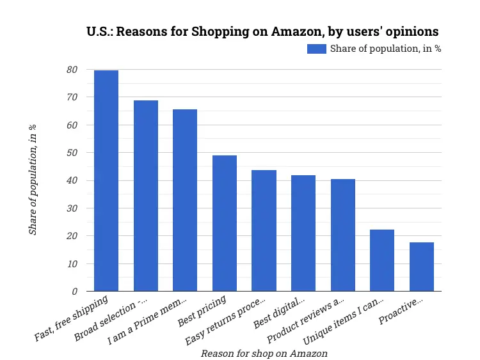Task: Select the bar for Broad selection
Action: point(145,196)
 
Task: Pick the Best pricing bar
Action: point(225,223)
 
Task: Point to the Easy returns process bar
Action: point(264,231)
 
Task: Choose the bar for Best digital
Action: point(303,233)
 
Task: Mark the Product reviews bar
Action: point(343,235)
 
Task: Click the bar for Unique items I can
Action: point(382,260)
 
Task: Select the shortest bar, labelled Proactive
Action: point(422,267)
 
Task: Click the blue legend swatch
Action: point(316,49)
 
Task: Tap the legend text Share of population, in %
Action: point(385,49)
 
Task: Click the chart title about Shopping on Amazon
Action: point(262,31)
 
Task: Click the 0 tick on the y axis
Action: point(74,292)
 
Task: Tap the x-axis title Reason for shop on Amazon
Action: point(264,353)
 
